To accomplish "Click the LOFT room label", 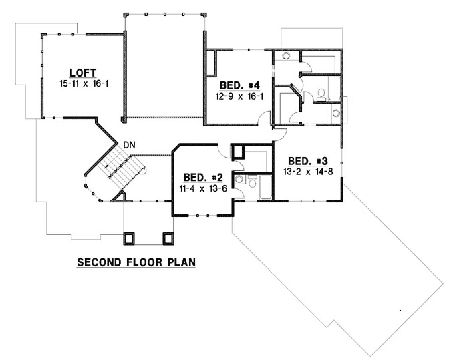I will [82, 73].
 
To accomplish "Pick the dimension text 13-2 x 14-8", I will [308, 172].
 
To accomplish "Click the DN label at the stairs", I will [128, 144].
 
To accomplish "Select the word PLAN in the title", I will [182, 262].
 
